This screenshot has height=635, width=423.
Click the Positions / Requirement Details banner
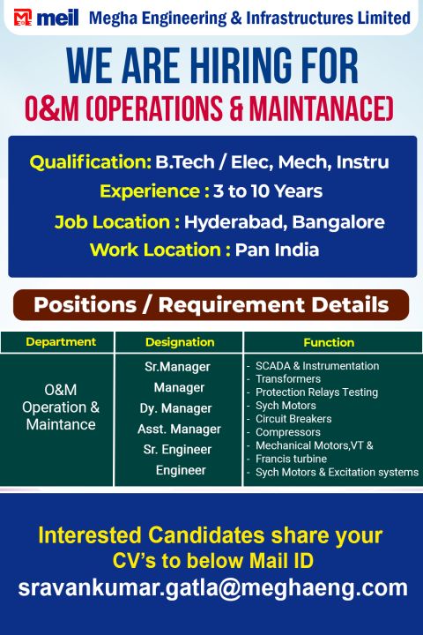(211, 305)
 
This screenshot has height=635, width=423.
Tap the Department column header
(61, 342)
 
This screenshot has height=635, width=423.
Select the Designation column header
(179, 342)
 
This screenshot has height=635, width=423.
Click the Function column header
(329, 342)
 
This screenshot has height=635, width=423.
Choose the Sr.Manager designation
(179, 366)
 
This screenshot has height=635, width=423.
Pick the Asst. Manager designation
(179, 430)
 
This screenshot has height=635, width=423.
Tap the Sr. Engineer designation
(179, 450)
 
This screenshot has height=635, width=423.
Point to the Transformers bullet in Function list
(288, 379)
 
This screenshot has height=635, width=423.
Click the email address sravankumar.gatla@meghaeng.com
(212, 588)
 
